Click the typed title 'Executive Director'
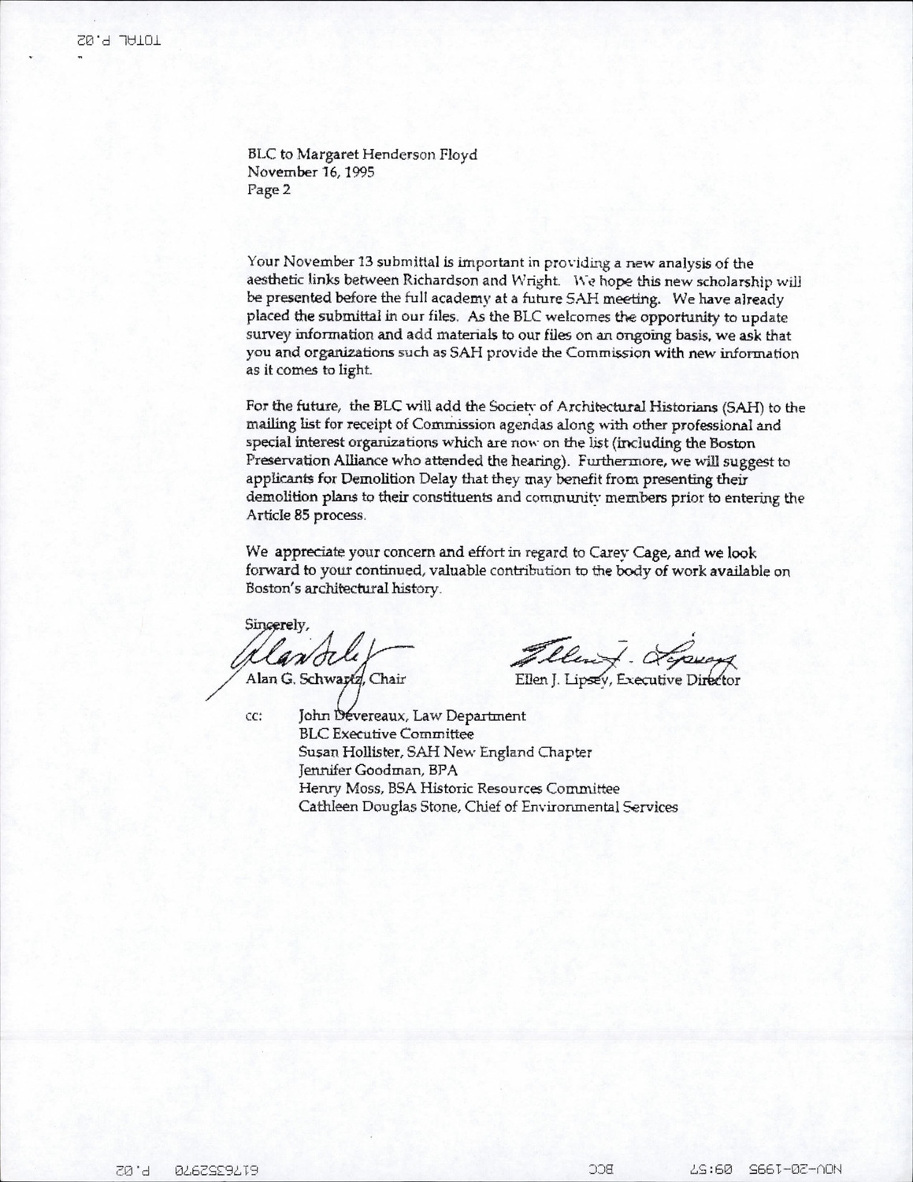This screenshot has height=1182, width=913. pyautogui.click(x=679, y=679)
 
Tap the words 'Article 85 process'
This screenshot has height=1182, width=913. pyautogui.click(x=306, y=515)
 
